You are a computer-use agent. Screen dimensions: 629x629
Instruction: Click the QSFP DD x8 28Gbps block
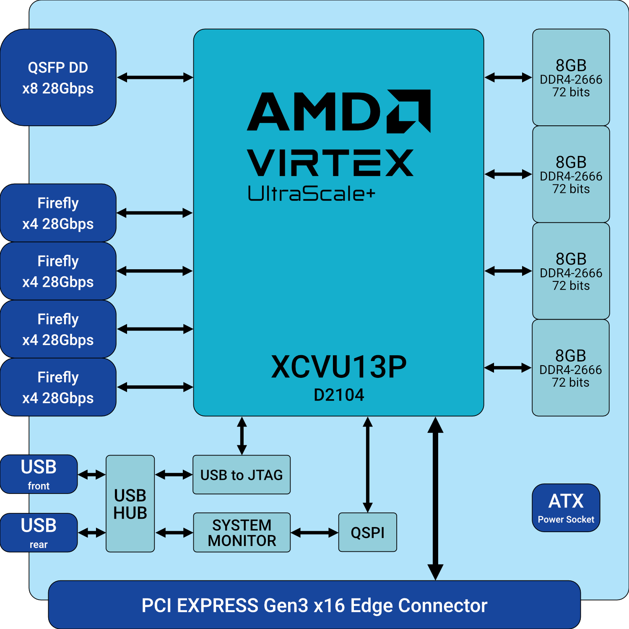click(x=58, y=78)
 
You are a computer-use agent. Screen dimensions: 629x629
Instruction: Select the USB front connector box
click(x=39, y=474)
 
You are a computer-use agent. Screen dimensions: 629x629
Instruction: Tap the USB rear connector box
click(x=39, y=533)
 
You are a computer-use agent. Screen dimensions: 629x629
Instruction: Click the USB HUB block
click(x=130, y=504)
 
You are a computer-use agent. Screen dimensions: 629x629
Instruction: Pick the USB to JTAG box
click(x=242, y=475)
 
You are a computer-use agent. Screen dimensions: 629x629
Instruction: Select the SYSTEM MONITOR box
click(x=242, y=533)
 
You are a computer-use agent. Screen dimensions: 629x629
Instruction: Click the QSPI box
click(x=367, y=532)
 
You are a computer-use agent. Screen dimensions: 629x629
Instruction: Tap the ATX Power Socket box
click(x=566, y=508)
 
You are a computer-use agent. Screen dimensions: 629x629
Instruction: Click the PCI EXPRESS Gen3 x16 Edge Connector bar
click(x=314, y=605)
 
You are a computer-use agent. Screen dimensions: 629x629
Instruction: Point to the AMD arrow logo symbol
click(x=409, y=111)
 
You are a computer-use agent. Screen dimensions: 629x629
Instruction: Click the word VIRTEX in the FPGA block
click(x=330, y=163)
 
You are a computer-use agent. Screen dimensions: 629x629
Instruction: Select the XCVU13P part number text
click(x=339, y=367)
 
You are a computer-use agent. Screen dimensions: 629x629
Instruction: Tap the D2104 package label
click(x=339, y=395)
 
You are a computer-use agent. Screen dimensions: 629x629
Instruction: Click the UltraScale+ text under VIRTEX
click(x=311, y=193)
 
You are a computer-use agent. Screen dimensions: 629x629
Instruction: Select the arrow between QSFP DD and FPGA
click(x=155, y=78)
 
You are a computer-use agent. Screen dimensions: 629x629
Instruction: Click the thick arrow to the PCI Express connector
click(x=435, y=499)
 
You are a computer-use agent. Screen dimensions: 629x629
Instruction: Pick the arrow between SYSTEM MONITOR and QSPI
click(x=314, y=533)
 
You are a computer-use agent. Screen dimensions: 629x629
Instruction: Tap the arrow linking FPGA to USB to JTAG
click(x=242, y=436)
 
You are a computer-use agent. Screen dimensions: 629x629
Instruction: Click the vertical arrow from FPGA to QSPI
click(x=368, y=464)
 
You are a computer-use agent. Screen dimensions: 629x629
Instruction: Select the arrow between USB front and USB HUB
click(x=91, y=475)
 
